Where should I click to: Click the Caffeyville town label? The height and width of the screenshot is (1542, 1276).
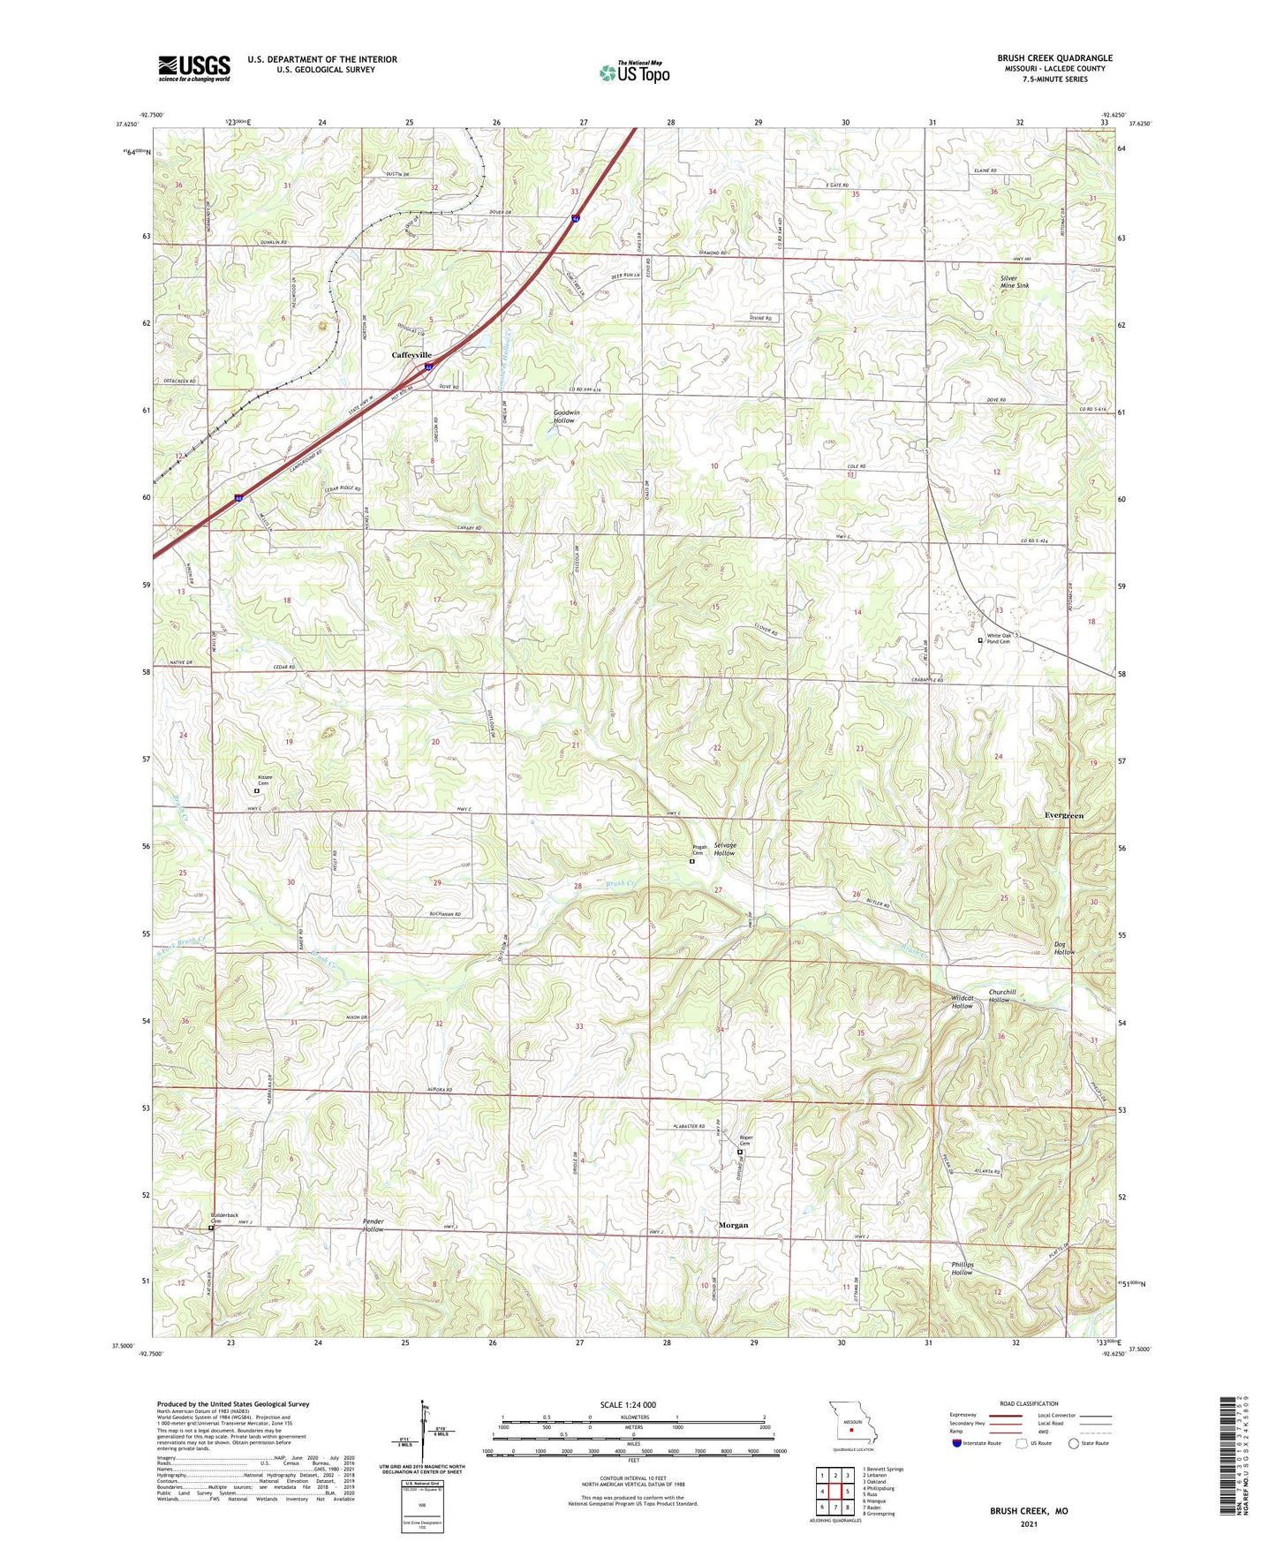411,355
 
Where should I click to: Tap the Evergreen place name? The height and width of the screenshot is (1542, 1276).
1063,815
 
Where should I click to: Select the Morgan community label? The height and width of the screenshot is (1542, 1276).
733,1225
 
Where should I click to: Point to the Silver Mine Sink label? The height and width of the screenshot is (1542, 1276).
1014,282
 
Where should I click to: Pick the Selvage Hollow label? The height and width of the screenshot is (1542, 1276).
724,849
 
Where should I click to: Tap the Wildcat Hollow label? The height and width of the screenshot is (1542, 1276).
962,1002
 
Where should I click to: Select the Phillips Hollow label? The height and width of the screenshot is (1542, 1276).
963,1268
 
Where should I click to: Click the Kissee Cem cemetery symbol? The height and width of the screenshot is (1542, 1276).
257,790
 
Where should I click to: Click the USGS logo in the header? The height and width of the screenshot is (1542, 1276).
194,68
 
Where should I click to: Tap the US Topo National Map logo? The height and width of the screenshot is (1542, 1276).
633,72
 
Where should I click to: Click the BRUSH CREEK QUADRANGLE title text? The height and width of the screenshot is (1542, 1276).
1054,58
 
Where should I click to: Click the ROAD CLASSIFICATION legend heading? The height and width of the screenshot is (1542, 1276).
1030,1403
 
